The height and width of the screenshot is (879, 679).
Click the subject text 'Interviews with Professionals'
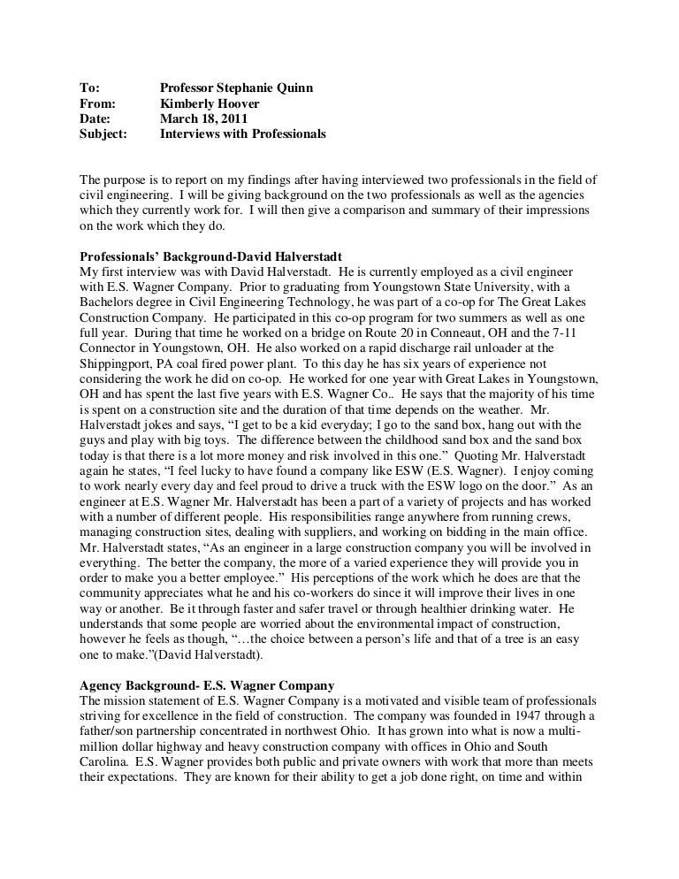(243, 135)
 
